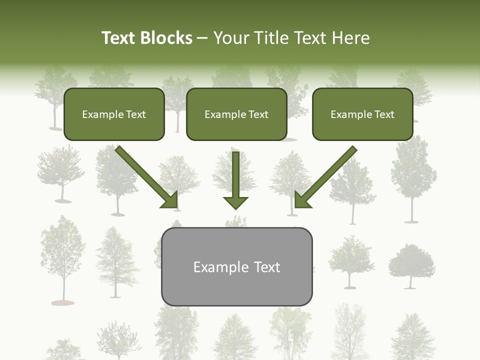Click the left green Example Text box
(114, 114)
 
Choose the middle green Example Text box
(236, 114)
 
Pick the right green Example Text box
(362, 114)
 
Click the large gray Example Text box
(236, 266)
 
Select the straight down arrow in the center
(235, 180)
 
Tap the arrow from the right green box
(325, 177)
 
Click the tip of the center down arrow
(235, 207)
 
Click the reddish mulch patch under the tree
(63, 302)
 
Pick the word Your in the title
(230, 38)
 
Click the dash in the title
(202, 38)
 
